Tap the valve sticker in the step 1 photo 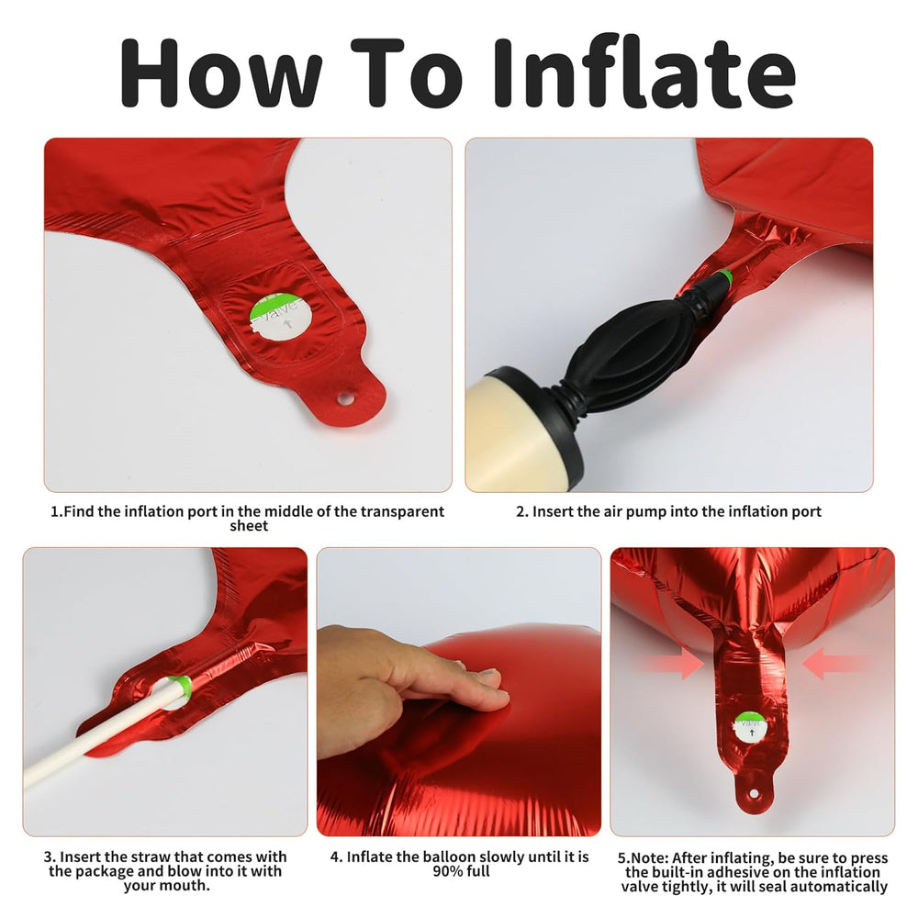281,318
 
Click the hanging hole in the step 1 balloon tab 345,399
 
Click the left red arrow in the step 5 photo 673,665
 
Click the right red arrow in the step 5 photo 834,664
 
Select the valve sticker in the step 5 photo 751,728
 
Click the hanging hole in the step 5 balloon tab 754,794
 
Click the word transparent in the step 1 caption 402,511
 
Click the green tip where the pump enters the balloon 725,275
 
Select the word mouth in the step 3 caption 188,886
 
